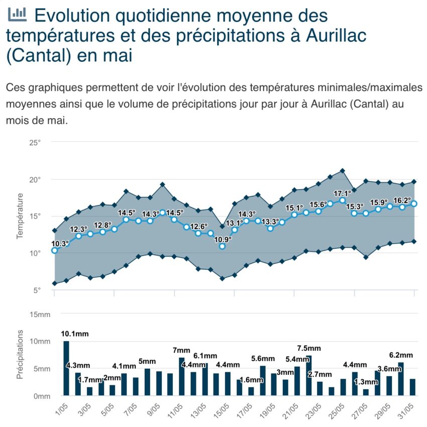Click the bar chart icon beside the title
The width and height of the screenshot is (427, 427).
tap(17, 15)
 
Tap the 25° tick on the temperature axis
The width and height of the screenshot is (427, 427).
tap(35, 143)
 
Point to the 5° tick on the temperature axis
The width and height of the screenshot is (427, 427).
tap(37, 290)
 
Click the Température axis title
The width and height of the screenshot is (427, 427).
tap(20, 216)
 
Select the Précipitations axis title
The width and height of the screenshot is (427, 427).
tap(20, 354)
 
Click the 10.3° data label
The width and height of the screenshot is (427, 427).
tap(60, 244)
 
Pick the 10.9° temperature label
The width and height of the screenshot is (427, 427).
tap(223, 239)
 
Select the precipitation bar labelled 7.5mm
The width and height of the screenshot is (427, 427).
tap(308, 375)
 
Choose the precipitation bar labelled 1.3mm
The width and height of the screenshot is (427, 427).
tap(366, 392)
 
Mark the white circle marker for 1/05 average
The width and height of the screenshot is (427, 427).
tap(54, 250)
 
